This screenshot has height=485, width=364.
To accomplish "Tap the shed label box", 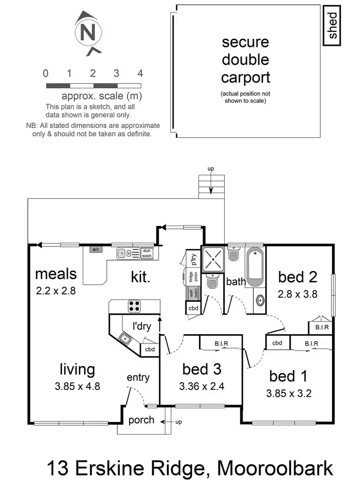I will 333,26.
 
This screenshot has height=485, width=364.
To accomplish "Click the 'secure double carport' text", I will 245,60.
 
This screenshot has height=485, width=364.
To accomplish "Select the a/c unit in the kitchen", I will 95,249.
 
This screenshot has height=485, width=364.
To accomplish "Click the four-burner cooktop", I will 134,306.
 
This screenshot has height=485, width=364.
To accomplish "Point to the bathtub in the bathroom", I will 255,267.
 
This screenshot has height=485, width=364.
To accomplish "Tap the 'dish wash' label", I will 147,253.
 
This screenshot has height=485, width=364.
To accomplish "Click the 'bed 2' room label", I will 298,277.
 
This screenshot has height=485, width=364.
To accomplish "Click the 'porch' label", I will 141,420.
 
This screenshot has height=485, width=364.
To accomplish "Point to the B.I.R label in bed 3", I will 221,344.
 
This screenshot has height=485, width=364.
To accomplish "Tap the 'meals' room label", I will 56,274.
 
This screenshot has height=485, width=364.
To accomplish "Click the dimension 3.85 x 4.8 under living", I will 77,387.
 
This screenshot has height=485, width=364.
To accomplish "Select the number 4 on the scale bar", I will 140,74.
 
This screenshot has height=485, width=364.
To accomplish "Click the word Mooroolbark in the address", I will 275,469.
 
